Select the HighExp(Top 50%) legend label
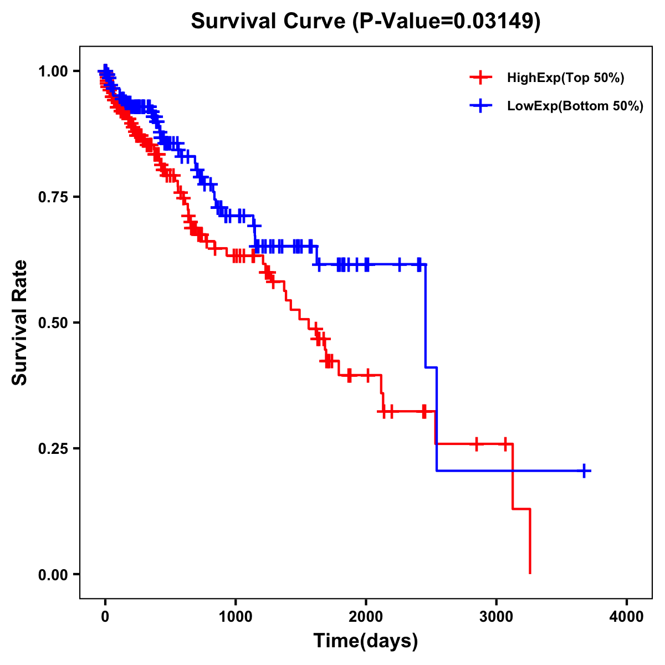[565, 78]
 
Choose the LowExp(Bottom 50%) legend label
[575, 106]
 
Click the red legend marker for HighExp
[480, 78]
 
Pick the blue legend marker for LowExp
[480, 106]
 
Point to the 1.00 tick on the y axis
[53, 71]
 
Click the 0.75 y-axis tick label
[53, 197]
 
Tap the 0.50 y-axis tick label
[53, 323]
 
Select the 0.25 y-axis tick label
[53, 449]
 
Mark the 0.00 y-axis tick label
[53, 575]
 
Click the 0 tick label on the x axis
[105, 617]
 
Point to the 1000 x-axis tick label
[236, 617]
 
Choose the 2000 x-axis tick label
[366, 617]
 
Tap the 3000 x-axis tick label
[497, 617]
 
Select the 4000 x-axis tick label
[627, 617]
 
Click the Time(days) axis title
[366, 641]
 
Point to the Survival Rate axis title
[21, 323]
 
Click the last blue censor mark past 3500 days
[584, 471]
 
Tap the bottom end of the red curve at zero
[530, 572]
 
